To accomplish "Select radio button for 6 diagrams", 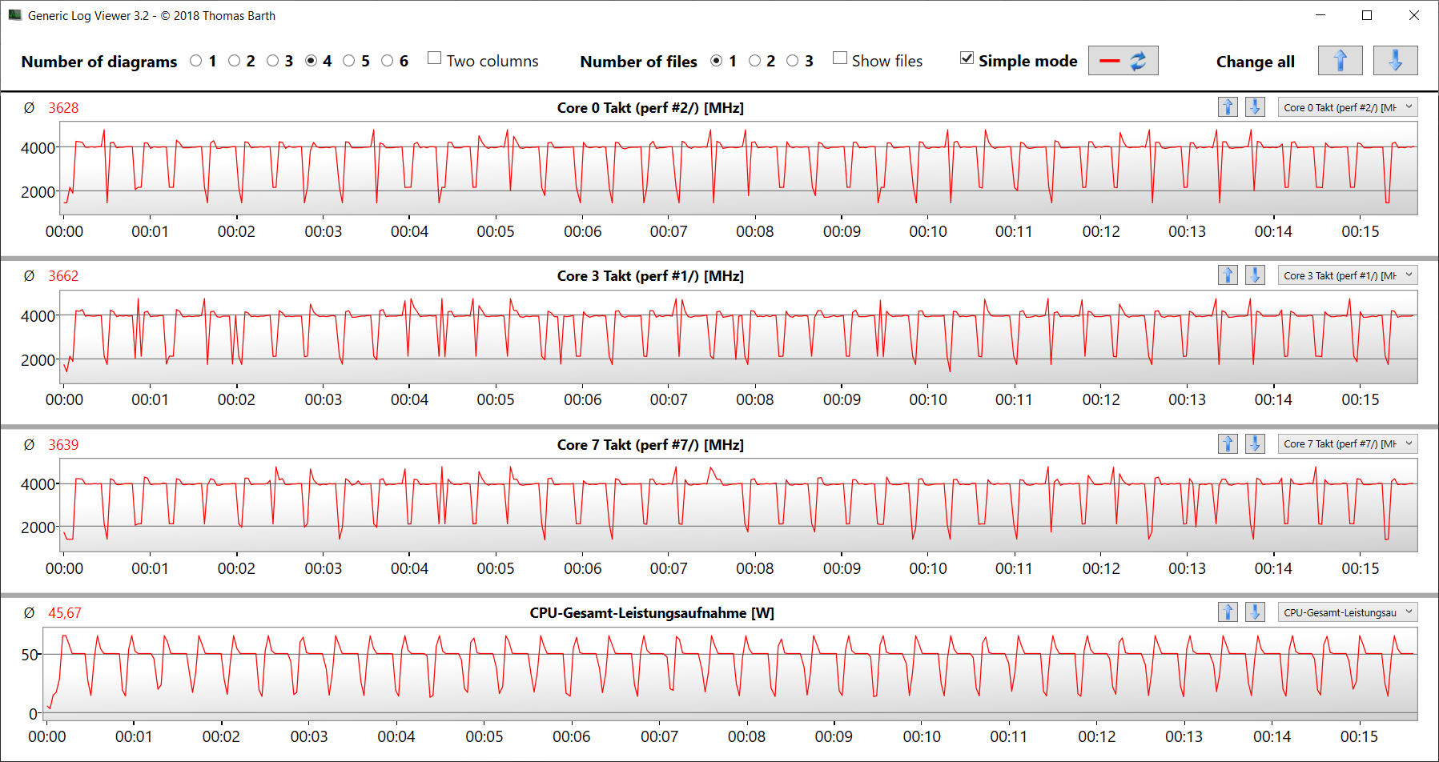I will point(388,61).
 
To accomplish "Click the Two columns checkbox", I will point(435,58).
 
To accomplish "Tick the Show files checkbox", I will point(840,58).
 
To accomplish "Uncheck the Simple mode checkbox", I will point(967,58).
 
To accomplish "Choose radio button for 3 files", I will point(793,61).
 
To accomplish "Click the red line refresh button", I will point(1123,61).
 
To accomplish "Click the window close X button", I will point(1414,15).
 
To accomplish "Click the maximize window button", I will point(1367,15).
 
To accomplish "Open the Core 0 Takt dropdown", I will point(1348,107).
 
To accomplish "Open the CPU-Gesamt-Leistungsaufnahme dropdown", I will point(1348,612).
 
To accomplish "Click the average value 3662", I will point(63,276).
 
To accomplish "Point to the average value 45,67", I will point(65,613).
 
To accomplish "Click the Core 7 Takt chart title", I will point(650,444).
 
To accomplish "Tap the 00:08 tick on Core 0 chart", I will point(755,231).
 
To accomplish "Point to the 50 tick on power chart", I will point(30,655).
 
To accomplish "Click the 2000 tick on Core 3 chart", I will point(38,360).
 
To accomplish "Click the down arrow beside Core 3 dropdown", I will point(1255,275).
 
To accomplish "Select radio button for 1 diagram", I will point(196,61).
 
